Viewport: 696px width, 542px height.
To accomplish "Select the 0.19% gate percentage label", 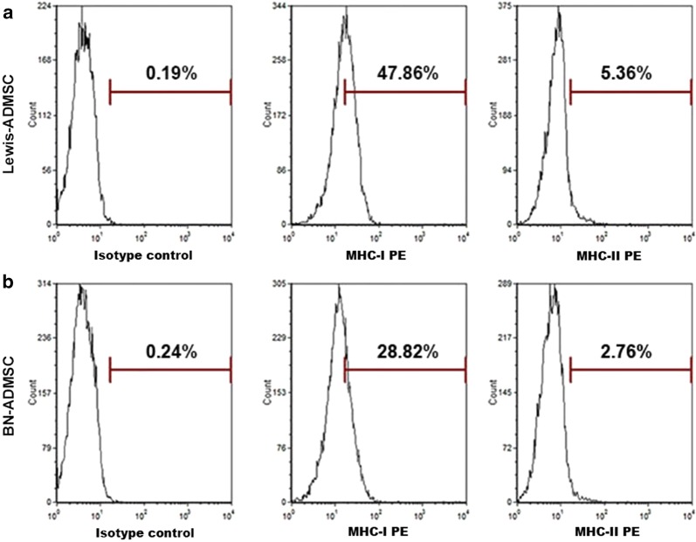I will [x=170, y=73].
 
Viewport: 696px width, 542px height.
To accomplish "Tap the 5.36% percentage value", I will [x=628, y=73].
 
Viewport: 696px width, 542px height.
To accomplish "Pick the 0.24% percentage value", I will [x=170, y=352].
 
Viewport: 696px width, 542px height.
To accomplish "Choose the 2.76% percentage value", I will [x=628, y=352].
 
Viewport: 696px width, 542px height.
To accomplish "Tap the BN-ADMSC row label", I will [x=10, y=409].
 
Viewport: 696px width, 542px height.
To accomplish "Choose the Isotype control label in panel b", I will [x=143, y=532].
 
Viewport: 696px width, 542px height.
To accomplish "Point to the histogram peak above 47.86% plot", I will [x=344, y=16].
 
